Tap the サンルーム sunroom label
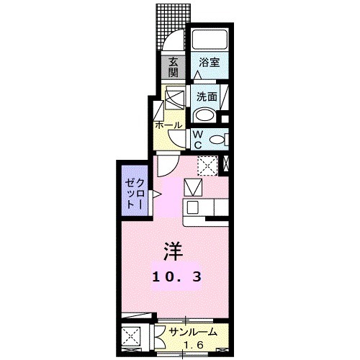[x=192, y=331]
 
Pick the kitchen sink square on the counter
[x=193, y=189]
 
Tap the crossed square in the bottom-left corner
[x=132, y=338]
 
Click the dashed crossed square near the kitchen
[x=208, y=165]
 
